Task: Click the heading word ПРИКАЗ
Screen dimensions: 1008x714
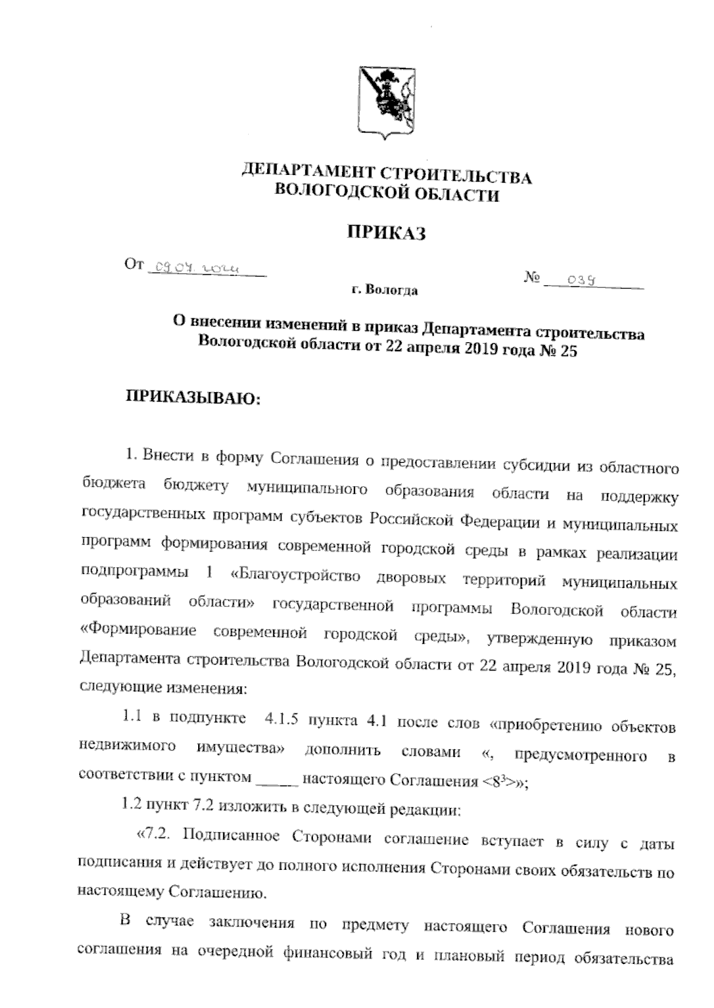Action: point(387,233)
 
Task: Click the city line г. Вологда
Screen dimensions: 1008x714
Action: point(384,291)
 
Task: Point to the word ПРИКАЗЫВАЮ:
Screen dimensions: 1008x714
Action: point(192,397)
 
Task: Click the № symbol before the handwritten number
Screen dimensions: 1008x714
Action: point(532,278)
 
